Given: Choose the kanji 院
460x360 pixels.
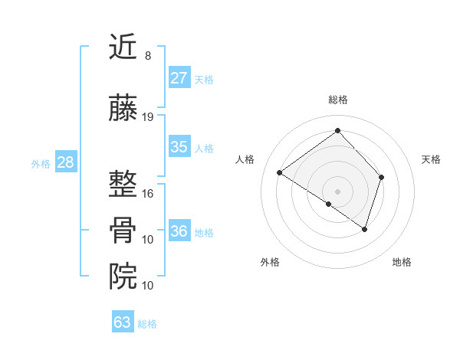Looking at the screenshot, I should click(124, 275).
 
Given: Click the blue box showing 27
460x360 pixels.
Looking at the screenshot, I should click(179, 78).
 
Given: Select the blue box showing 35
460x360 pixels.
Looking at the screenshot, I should click(179, 147).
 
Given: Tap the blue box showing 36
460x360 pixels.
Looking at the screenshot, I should click(179, 231).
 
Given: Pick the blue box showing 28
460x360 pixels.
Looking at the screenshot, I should click(65, 162).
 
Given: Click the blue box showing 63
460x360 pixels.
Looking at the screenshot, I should click(123, 322).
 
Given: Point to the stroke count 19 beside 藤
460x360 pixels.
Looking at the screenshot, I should click(148, 117).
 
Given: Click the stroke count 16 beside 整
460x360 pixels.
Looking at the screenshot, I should click(148, 194).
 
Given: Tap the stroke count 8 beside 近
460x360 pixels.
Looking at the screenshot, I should click(147, 56).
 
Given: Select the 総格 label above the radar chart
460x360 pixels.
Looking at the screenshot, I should click(338, 100).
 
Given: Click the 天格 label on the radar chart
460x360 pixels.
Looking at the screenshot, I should click(432, 159).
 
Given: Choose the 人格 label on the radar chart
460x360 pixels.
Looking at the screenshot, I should click(245, 159).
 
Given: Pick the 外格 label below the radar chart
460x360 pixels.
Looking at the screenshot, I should click(270, 262).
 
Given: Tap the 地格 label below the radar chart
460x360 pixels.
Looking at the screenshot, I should click(402, 262).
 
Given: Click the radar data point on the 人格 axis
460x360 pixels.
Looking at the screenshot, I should click(280, 172).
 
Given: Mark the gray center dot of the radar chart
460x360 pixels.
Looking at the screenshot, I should click(337, 190).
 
